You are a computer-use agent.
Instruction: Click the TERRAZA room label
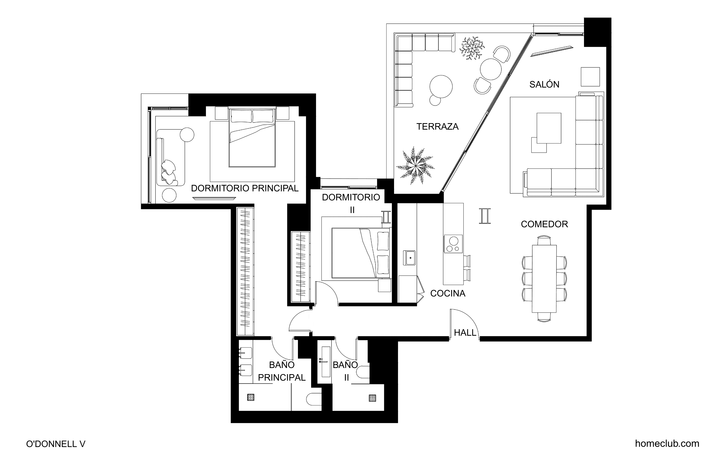(437, 127)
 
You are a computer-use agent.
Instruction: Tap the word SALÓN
(544, 84)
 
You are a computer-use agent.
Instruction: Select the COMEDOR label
(544, 224)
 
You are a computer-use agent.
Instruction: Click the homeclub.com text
(667, 444)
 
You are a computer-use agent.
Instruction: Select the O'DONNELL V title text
(56, 444)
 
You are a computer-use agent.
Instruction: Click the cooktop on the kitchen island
(453, 244)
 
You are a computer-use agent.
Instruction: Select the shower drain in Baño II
(373, 398)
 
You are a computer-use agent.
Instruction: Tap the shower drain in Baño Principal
(251, 397)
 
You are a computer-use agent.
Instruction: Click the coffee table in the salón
(549, 128)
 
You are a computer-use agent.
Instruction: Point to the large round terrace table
(441, 87)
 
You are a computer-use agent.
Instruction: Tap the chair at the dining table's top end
(544, 240)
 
